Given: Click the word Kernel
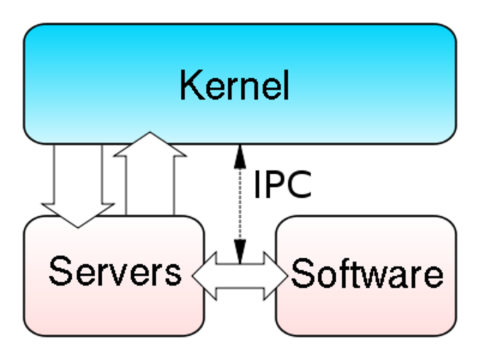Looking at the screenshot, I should click(x=234, y=85).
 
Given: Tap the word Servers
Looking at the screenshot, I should click(x=115, y=271).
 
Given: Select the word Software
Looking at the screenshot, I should click(x=367, y=274).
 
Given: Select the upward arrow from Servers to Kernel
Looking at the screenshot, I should click(x=150, y=180).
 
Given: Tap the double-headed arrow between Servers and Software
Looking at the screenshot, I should click(x=240, y=276).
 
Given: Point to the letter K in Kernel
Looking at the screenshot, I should click(x=188, y=85).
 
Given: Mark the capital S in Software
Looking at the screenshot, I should click(x=301, y=274).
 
